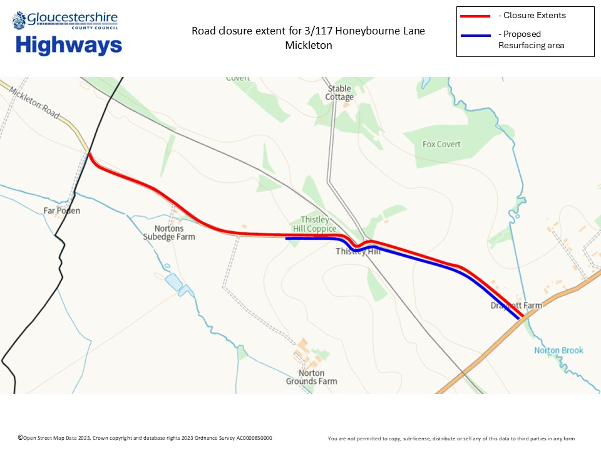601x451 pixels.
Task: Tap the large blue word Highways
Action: pos(69,46)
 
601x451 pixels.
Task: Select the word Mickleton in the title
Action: pos(308,46)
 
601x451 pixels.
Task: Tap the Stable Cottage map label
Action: pos(339,93)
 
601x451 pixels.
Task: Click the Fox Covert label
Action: pos(441,144)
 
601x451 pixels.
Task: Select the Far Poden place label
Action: pos(61,210)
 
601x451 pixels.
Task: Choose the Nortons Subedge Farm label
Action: pos(169,232)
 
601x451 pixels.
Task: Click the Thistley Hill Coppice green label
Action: pos(314,224)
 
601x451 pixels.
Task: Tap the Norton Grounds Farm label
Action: pos(311,377)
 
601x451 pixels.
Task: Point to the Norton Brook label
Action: pos(558,350)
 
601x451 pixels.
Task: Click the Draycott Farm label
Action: pos(516,306)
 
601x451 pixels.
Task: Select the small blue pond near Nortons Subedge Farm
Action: pos(173,283)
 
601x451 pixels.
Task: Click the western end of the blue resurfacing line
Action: pos(287,239)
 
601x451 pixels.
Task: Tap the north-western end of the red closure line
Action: pos(90,153)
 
